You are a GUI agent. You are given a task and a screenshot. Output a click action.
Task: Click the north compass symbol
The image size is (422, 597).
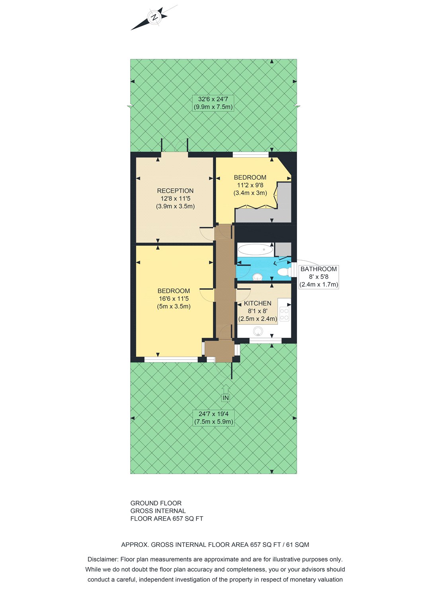(154, 18)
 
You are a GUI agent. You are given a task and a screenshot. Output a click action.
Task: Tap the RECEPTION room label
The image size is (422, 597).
(175, 191)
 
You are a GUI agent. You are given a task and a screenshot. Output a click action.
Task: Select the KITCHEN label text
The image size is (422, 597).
(258, 303)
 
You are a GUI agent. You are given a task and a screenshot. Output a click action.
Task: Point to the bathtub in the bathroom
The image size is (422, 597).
(255, 250)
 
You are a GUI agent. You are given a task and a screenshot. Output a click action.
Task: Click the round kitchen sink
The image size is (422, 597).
(258, 331)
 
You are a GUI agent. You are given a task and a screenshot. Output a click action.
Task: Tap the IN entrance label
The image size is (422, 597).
(225, 398)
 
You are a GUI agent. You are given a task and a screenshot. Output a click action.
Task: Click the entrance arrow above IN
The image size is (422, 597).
(225, 388)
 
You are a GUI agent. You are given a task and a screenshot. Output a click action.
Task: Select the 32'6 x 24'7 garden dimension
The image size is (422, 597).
(213, 99)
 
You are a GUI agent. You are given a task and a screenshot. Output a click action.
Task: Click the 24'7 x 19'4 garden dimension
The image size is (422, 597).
(213, 414)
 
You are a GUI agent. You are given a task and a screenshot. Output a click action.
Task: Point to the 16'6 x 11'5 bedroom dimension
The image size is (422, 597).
(174, 298)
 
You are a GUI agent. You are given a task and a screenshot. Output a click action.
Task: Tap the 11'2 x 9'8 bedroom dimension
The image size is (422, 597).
(250, 185)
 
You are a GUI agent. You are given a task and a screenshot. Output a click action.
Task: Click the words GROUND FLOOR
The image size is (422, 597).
(156, 503)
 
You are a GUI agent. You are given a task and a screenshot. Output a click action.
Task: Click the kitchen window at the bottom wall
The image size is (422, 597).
(266, 340)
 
